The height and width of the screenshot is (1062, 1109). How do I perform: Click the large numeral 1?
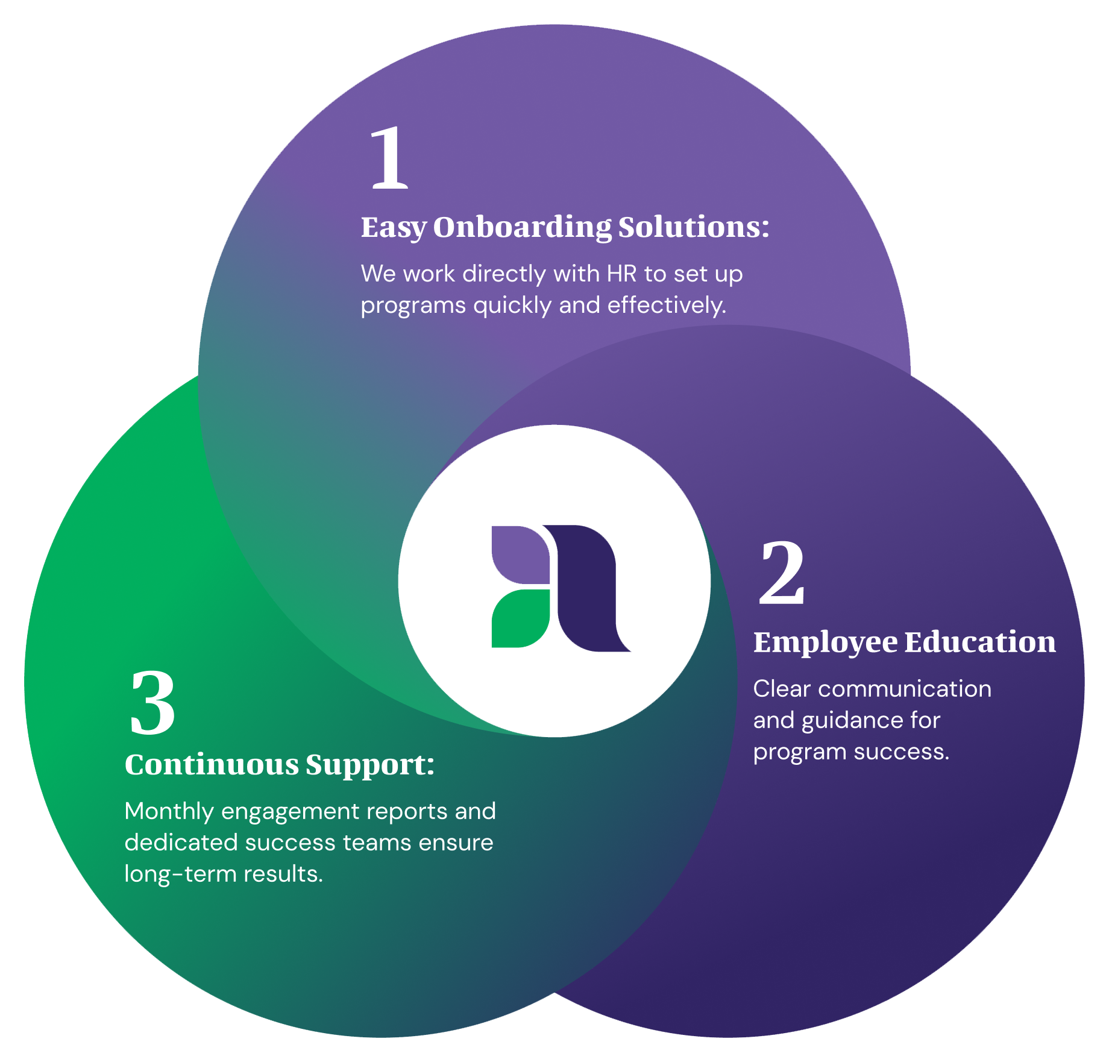click(389, 158)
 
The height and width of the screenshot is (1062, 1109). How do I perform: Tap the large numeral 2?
click(782, 572)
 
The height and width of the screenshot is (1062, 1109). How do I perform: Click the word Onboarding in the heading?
click(522, 228)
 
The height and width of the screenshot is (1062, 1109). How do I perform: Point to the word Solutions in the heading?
click(694, 227)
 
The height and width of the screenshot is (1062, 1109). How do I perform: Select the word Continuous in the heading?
click(212, 764)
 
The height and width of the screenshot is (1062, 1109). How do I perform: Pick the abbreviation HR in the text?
click(622, 274)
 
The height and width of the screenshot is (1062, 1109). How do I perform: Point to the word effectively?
click(667, 305)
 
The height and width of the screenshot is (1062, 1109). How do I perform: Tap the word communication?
click(905, 689)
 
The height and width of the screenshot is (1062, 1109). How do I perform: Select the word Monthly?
click(169, 812)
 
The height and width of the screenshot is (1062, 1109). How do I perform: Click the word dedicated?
click(181, 842)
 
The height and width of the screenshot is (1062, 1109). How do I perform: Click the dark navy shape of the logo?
click(587, 588)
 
